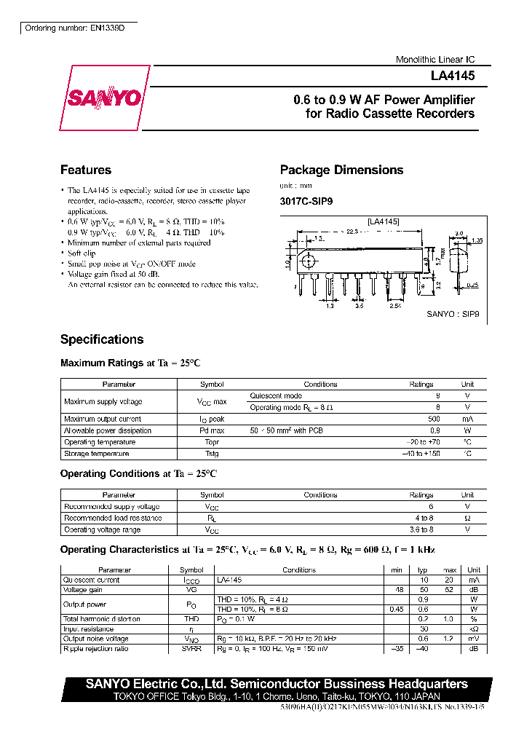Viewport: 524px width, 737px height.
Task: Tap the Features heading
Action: click(86, 170)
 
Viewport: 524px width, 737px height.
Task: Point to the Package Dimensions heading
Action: click(341, 170)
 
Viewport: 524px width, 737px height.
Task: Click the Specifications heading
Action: click(102, 339)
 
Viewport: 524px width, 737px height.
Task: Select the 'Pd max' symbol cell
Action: click(212, 430)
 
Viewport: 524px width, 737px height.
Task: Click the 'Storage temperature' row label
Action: click(96, 454)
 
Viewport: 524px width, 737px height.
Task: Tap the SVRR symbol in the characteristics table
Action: click(191, 648)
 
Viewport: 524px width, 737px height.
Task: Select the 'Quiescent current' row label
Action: click(92, 580)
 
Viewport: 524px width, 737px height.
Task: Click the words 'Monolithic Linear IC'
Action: click(435, 60)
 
